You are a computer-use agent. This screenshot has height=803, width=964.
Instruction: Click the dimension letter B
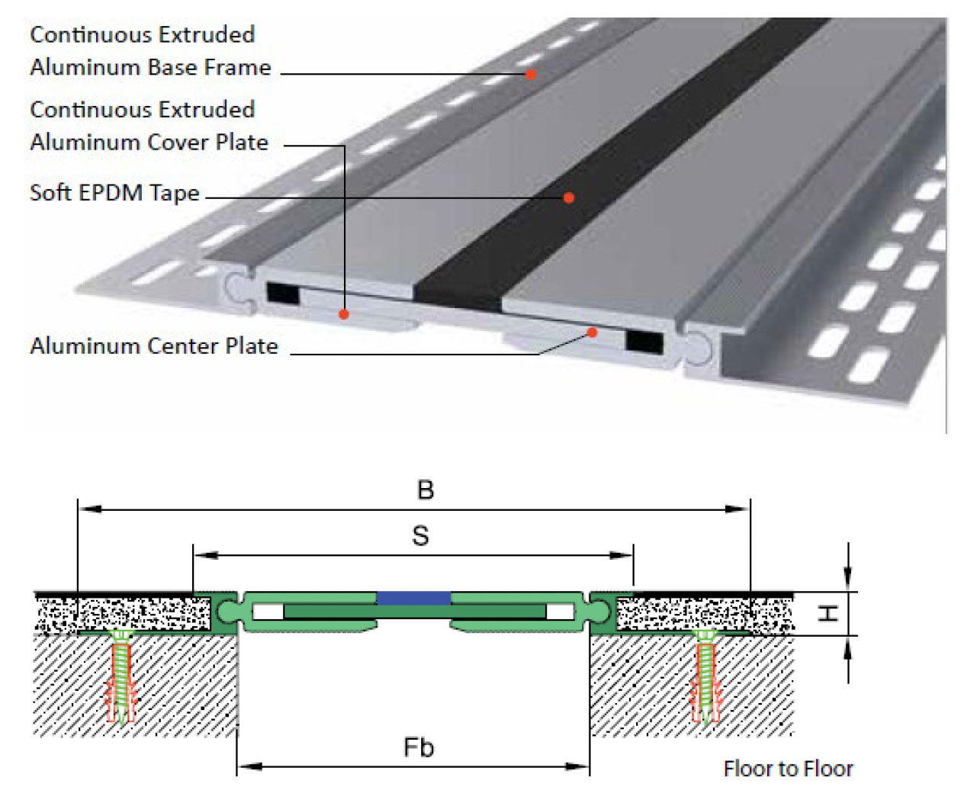pyautogui.click(x=426, y=490)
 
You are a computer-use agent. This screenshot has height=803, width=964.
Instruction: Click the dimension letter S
pyautogui.click(x=420, y=536)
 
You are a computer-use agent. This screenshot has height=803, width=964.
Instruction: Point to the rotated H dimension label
pyautogui.click(x=827, y=614)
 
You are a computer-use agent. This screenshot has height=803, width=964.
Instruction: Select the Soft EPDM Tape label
pyautogui.click(x=114, y=193)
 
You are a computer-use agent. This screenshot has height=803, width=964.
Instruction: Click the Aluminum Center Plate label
pyautogui.click(x=154, y=345)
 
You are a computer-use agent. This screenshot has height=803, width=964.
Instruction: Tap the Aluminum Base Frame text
pyautogui.click(x=150, y=67)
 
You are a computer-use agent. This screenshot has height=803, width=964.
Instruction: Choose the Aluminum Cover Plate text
pyautogui.click(x=149, y=143)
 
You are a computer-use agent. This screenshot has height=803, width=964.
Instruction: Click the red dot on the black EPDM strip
pyautogui.click(x=569, y=198)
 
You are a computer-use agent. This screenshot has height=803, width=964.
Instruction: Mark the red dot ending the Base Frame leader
pyautogui.click(x=531, y=74)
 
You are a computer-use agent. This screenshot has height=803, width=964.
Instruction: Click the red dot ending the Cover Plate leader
pyautogui.click(x=343, y=314)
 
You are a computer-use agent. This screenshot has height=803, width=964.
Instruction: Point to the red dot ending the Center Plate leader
pyautogui.click(x=593, y=332)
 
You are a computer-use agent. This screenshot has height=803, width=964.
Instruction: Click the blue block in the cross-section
pyautogui.click(x=413, y=598)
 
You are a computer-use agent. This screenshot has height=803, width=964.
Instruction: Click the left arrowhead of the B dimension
pyautogui.click(x=91, y=509)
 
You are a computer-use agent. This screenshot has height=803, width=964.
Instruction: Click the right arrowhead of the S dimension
pyautogui.click(x=621, y=555)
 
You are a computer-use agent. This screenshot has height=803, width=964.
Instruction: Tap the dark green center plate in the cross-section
pyautogui.click(x=414, y=612)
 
